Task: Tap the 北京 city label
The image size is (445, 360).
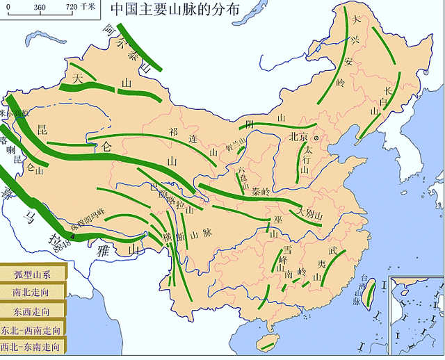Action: point(298,138)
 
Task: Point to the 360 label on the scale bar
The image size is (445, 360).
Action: point(39,7)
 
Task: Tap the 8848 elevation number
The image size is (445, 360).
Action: point(63,243)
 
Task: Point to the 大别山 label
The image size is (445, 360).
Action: point(310,212)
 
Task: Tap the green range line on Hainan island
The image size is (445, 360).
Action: point(266,343)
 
